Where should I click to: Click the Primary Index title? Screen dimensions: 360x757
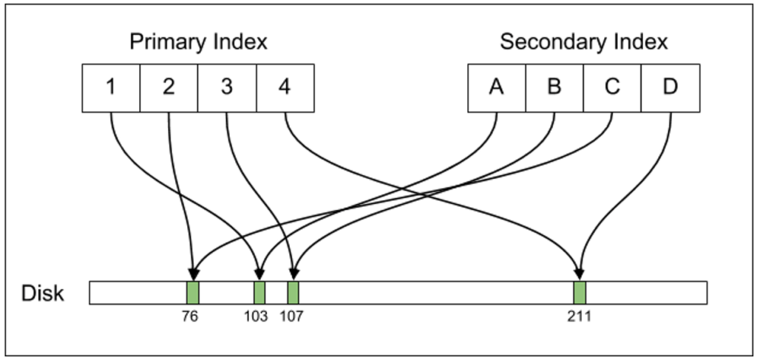(x=198, y=42)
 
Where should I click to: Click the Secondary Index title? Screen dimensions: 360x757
(x=583, y=42)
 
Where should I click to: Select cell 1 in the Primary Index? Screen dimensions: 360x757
(x=110, y=88)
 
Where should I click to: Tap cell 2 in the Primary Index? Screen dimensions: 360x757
(x=169, y=88)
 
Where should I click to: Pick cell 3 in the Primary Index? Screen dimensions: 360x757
(x=227, y=88)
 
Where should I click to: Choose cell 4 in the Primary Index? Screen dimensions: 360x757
(x=285, y=88)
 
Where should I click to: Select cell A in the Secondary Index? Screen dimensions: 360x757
(x=496, y=88)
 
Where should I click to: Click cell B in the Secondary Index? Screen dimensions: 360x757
(x=554, y=88)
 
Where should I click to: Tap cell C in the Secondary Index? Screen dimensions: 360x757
(x=612, y=88)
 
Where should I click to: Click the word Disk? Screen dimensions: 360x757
(x=43, y=293)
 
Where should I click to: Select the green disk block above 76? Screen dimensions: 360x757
(x=193, y=293)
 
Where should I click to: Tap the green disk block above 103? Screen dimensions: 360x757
(x=259, y=293)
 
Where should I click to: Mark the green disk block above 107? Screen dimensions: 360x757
(x=293, y=293)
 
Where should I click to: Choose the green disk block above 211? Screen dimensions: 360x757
(x=580, y=293)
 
